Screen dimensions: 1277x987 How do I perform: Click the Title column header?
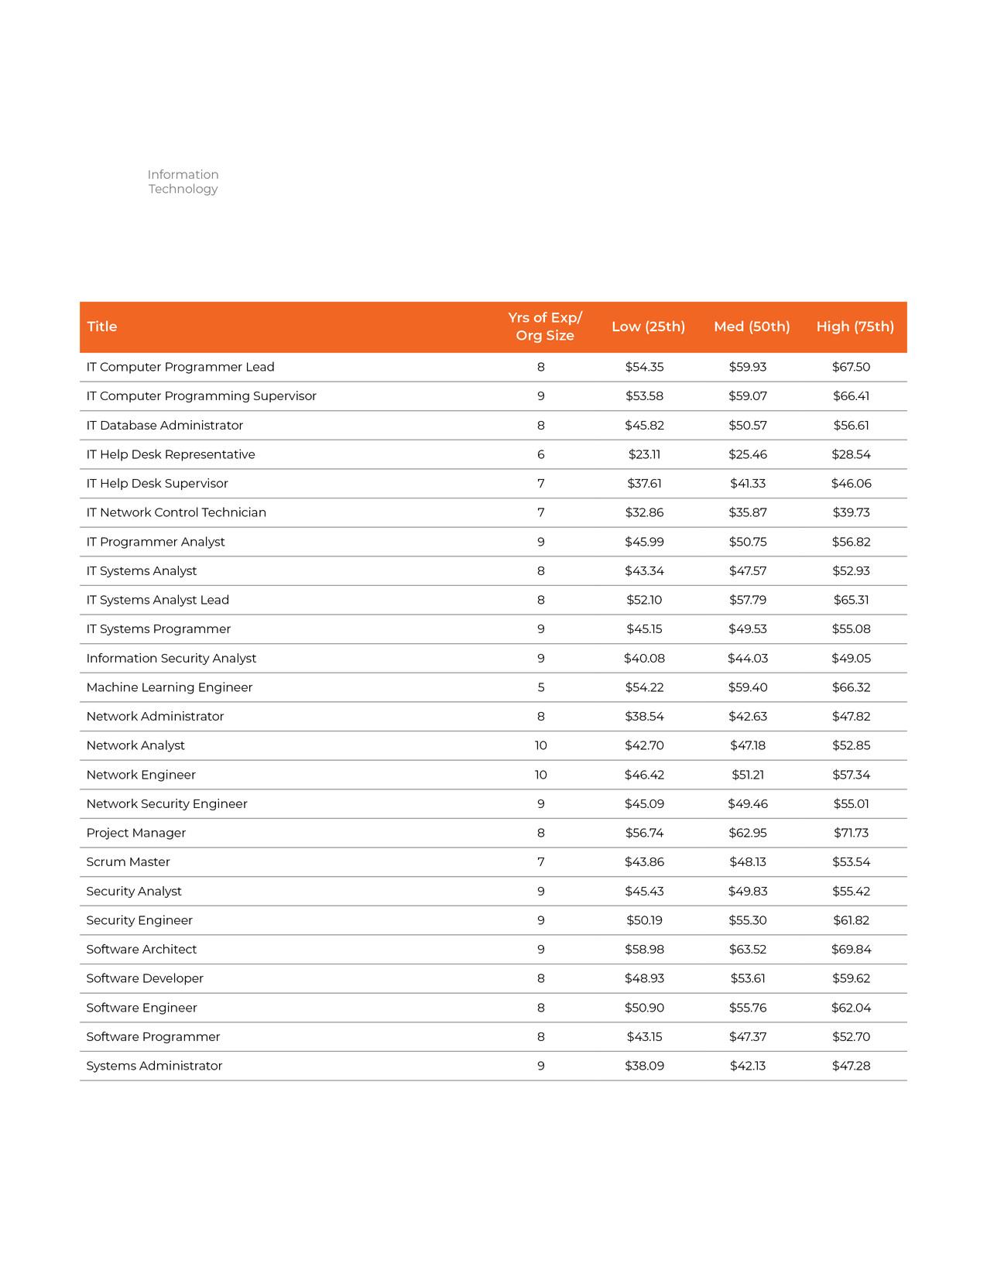[x=102, y=327]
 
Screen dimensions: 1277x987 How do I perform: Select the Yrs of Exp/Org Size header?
[x=545, y=327]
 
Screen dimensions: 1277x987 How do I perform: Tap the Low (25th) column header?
[x=648, y=327]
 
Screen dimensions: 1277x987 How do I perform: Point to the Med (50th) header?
[x=752, y=327]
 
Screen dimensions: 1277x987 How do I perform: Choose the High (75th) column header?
[x=855, y=327]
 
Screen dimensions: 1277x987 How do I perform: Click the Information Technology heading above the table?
[x=183, y=182]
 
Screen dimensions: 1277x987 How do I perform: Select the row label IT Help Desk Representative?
[x=170, y=454]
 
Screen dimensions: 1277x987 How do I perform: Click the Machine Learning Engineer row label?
[x=170, y=687]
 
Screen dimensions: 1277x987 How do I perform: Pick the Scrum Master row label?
[x=128, y=862]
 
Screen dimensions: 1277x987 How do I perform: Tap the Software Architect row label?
[x=142, y=950]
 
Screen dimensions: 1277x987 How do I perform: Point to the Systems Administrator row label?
[x=154, y=1066]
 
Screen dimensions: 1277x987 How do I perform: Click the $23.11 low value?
[x=644, y=454]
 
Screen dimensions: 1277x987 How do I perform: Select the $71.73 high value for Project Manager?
[x=851, y=833]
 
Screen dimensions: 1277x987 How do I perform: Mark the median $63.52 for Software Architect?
[x=748, y=950]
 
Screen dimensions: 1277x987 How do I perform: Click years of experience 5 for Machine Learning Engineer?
[x=540, y=687]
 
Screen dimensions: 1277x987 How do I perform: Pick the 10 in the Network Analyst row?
[x=540, y=745]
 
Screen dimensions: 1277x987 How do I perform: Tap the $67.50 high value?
[x=851, y=367]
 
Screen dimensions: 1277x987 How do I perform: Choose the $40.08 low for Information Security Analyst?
[x=644, y=659]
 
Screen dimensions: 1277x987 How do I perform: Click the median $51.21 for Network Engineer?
[x=748, y=775]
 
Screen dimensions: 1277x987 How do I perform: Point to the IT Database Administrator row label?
[x=165, y=426]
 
